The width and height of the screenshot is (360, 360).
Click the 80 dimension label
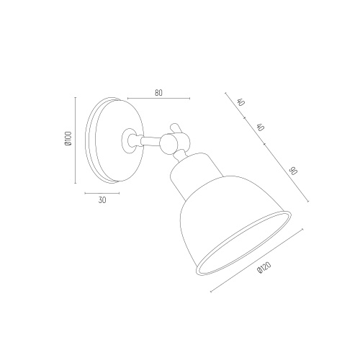click(x=158, y=93)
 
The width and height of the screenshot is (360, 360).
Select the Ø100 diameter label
click(x=68, y=138)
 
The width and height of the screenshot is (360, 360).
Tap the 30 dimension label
click(x=102, y=200)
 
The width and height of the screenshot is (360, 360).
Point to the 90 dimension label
click(x=293, y=171)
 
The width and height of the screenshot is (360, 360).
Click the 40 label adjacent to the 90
click(x=260, y=127)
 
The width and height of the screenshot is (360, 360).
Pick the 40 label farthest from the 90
click(x=240, y=102)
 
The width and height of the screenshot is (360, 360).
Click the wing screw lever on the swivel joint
click(x=175, y=128)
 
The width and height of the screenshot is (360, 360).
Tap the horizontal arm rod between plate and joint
click(x=150, y=141)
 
